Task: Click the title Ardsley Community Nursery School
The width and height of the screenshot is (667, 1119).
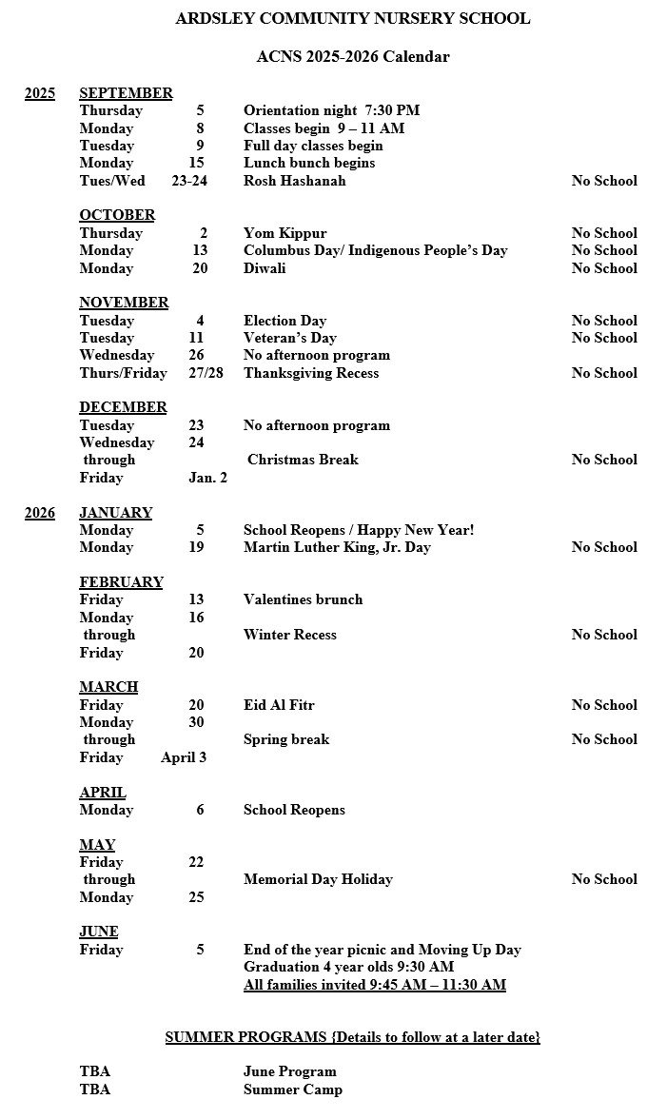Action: [352, 19]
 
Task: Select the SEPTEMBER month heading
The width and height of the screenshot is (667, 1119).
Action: [126, 93]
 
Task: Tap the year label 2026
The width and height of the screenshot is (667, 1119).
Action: [40, 513]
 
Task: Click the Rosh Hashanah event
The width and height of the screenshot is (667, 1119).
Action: [294, 181]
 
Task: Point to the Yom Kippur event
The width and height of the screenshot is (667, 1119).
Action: [284, 233]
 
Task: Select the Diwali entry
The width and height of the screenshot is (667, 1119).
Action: [264, 268]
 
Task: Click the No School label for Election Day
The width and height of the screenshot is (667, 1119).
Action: [604, 321]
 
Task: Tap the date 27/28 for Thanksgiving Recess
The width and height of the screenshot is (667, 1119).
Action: [206, 373]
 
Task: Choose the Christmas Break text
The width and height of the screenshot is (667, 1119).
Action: [303, 460]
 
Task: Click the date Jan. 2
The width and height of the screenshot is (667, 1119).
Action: [207, 478]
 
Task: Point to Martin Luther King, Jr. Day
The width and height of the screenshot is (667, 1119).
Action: [337, 547]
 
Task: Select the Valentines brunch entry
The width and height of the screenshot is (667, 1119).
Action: [303, 599]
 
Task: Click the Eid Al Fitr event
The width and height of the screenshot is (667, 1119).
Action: [279, 705]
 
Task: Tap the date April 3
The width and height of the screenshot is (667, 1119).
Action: [184, 757]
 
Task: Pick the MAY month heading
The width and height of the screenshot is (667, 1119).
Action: [97, 845]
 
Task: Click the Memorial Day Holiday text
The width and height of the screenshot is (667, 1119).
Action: [318, 879]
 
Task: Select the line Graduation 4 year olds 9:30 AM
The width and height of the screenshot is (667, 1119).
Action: [348, 967]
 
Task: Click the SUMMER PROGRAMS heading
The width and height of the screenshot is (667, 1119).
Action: [352, 1037]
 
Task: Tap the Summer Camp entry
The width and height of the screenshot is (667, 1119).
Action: [292, 1090]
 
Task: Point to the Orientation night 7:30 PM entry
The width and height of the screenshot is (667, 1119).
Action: [331, 110]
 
